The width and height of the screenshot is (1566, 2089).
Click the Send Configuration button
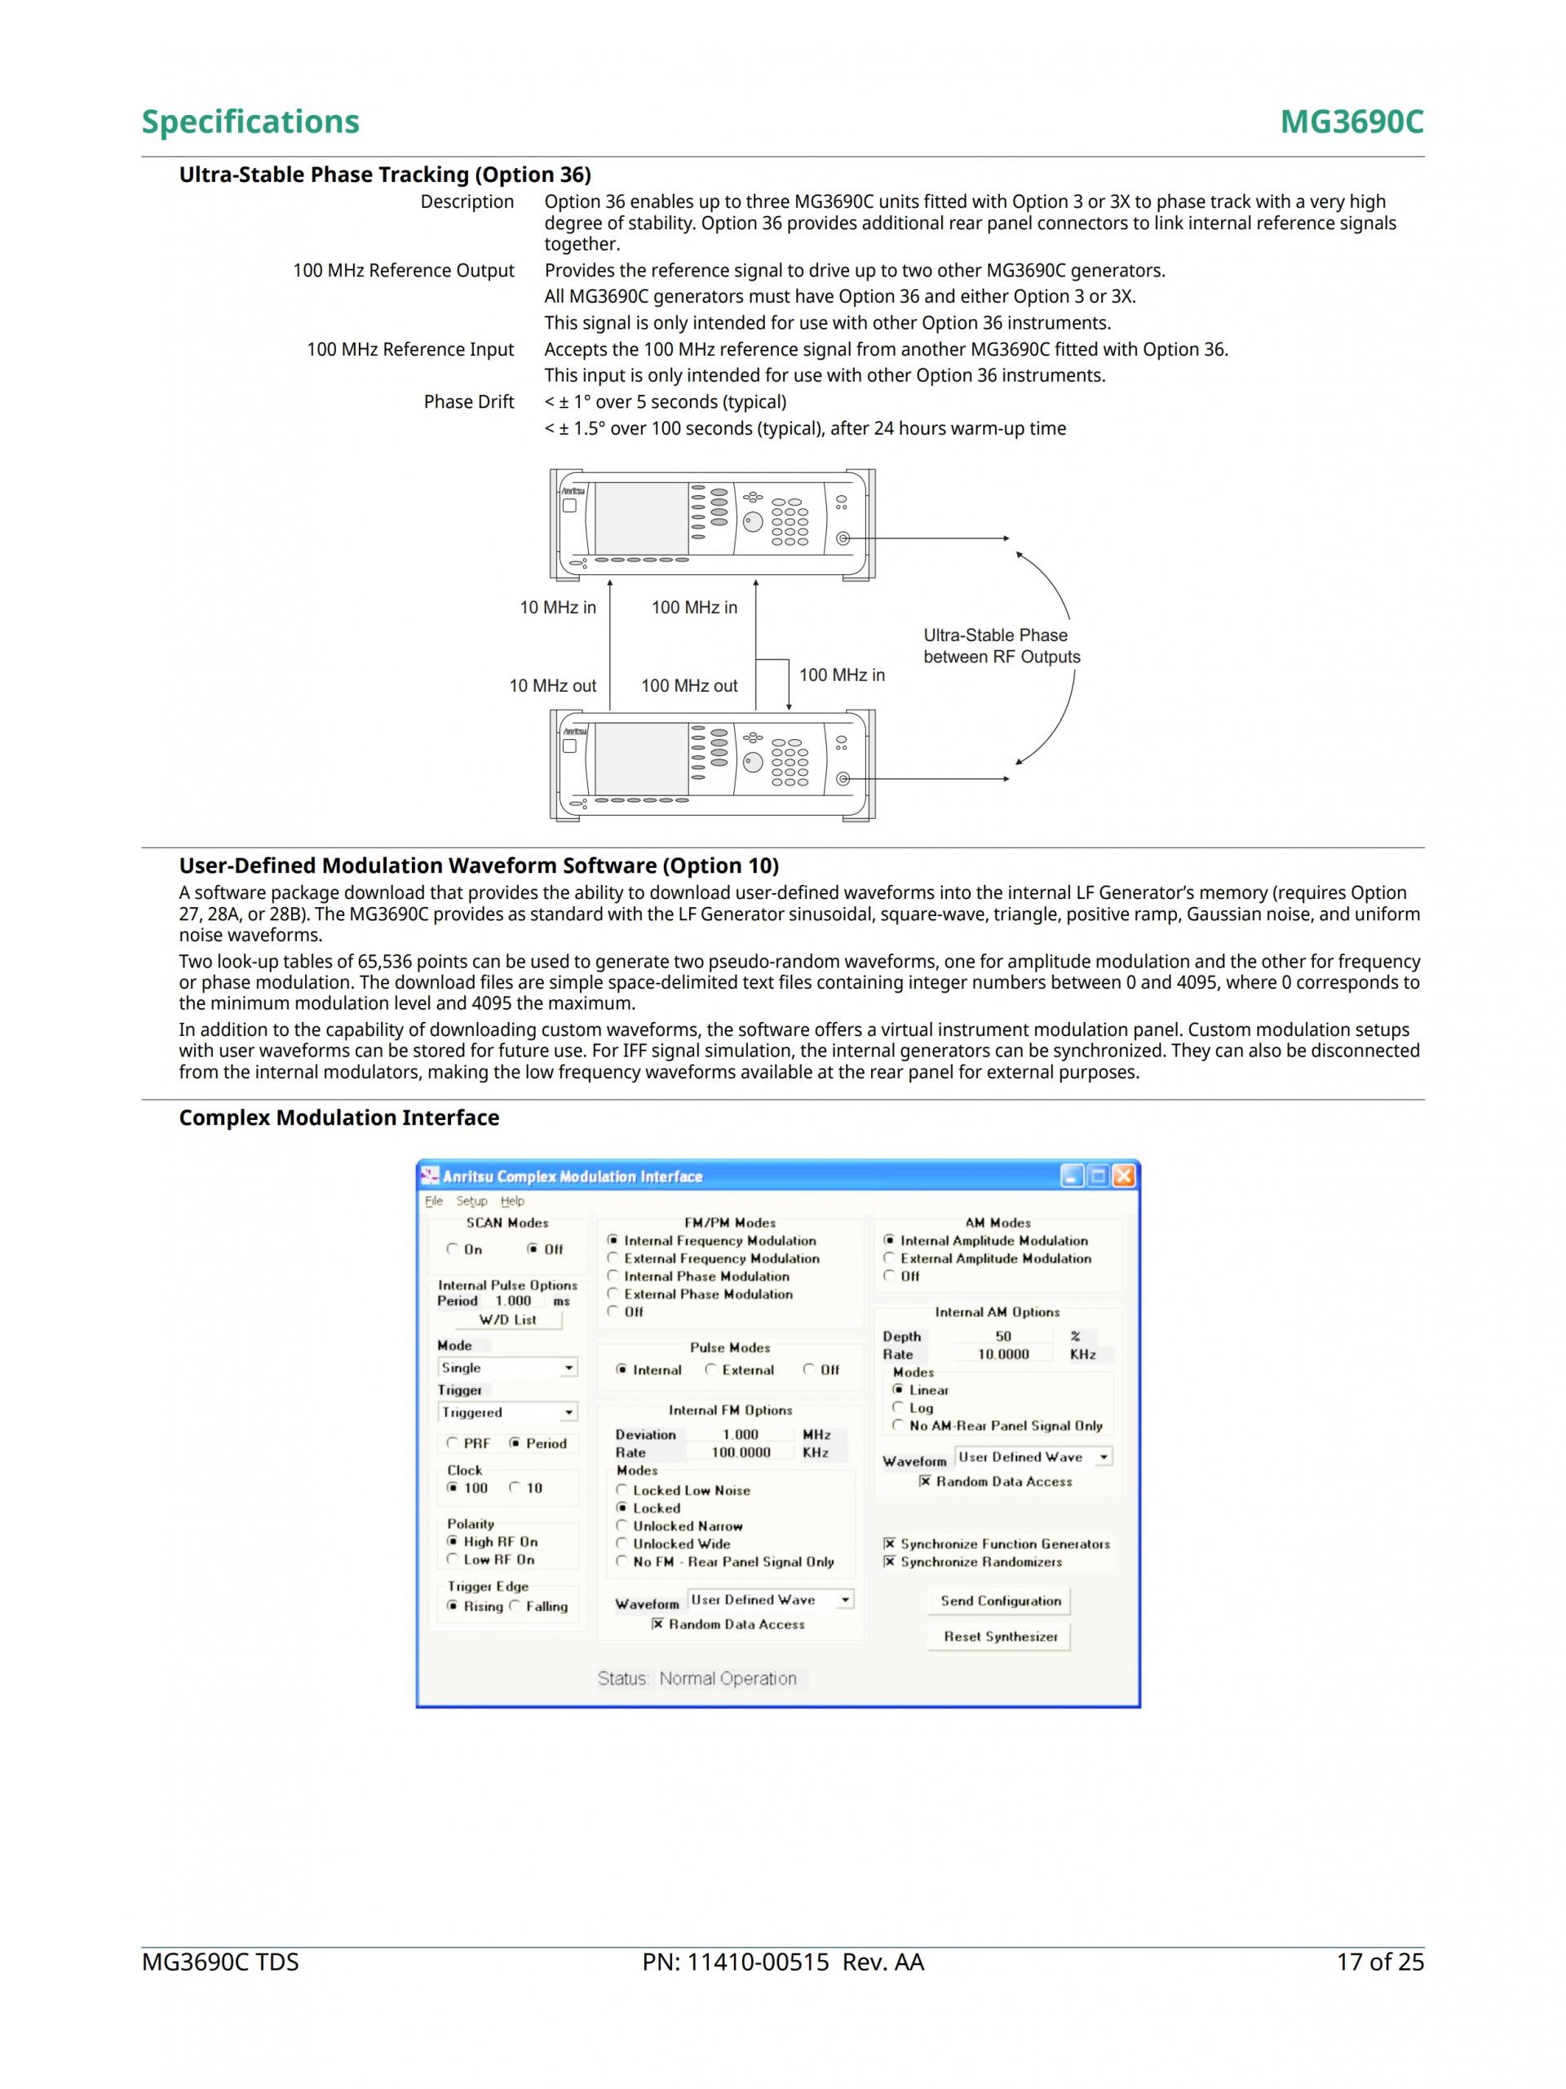(x=999, y=1600)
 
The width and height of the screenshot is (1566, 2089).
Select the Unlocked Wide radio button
(x=622, y=1544)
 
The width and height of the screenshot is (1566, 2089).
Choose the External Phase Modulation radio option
(x=613, y=1294)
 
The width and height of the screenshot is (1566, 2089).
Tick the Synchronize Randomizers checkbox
(x=889, y=1562)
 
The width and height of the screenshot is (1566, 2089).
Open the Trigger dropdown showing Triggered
(x=568, y=1413)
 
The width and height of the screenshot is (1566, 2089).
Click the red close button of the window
(x=1123, y=1175)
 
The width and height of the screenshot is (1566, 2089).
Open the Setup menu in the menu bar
(x=471, y=1202)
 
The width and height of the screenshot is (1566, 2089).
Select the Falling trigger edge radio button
(x=515, y=1605)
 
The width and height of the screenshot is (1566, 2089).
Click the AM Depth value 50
(x=1003, y=1336)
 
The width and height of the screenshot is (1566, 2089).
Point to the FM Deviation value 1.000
(x=741, y=1435)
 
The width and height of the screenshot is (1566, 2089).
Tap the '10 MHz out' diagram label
(x=552, y=686)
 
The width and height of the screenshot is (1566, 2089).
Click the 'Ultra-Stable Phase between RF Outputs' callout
(x=1002, y=646)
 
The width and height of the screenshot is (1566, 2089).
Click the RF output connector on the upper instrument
(x=843, y=538)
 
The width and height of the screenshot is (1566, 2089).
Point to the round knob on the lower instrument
(x=753, y=762)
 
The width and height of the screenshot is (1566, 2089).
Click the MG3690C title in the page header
(x=1351, y=122)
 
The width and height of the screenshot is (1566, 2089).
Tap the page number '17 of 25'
(x=1380, y=1963)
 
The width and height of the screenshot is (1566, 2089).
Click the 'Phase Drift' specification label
(x=468, y=402)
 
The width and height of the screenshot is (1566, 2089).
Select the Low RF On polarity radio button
(x=453, y=1559)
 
